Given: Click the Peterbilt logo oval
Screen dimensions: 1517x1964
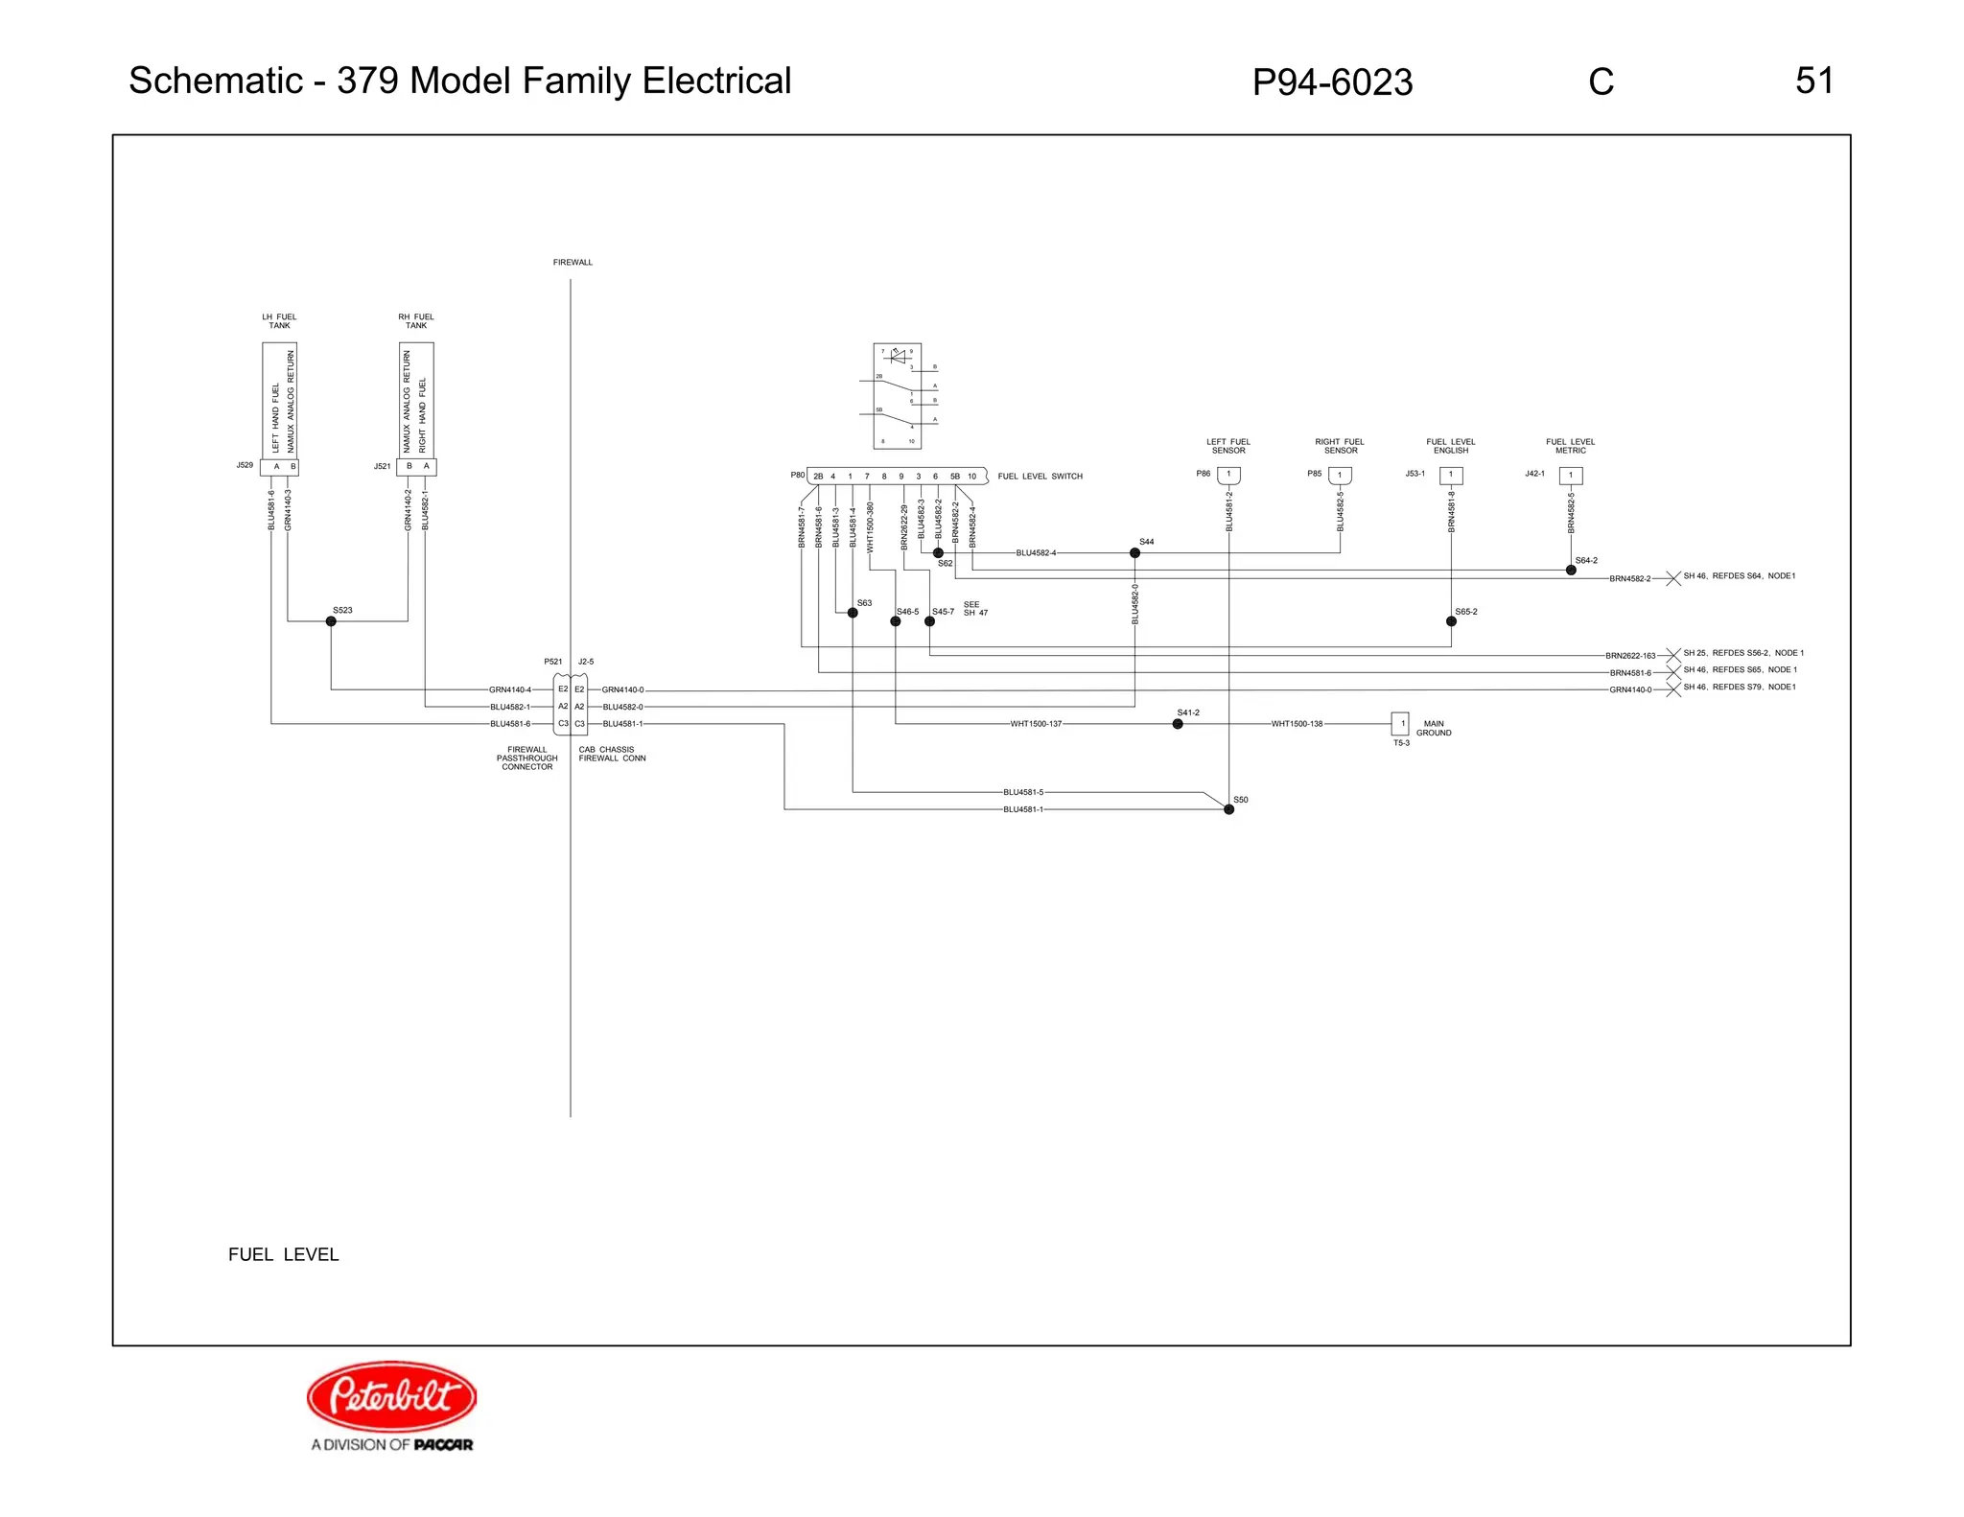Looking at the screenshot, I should [x=391, y=1395].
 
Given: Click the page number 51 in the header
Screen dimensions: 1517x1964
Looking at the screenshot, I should [x=1813, y=81].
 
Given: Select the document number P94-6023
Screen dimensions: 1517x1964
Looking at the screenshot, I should [x=1332, y=82].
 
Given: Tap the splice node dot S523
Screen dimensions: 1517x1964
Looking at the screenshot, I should [x=331, y=621].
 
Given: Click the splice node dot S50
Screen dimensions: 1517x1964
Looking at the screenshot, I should [x=1228, y=809].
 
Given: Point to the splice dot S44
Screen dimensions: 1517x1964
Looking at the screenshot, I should [x=1134, y=553].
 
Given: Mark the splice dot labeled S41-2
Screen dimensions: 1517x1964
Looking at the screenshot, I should [x=1178, y=724].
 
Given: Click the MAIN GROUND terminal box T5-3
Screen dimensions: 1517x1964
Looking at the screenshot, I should [x=1400, y=724].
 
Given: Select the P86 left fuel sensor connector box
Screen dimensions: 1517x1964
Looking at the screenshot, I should [x=1228, y=476].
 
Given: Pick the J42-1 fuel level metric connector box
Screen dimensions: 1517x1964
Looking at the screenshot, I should [x=1571, y=476].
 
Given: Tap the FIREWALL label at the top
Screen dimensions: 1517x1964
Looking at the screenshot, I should [x=573, y=263].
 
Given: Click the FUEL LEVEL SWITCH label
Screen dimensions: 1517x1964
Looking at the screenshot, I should [x=1040, y=477].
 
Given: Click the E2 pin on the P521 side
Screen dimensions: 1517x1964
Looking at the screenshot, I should [x=563, y=689].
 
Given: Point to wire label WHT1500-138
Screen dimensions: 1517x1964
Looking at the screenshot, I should [x=1297, y=724].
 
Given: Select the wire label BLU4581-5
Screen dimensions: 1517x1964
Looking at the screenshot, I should [x=1023, y=792].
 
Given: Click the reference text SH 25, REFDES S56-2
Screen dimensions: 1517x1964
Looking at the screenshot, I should [x=1742, y=653].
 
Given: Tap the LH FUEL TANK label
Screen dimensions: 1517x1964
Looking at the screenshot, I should [x=279, y=321].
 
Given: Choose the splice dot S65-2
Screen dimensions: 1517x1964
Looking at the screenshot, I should [x=1451, y=621].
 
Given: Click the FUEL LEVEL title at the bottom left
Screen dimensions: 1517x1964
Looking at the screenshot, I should [x=283, y=1254].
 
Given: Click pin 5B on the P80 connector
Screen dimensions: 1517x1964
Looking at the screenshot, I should [x=954, y=477].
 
